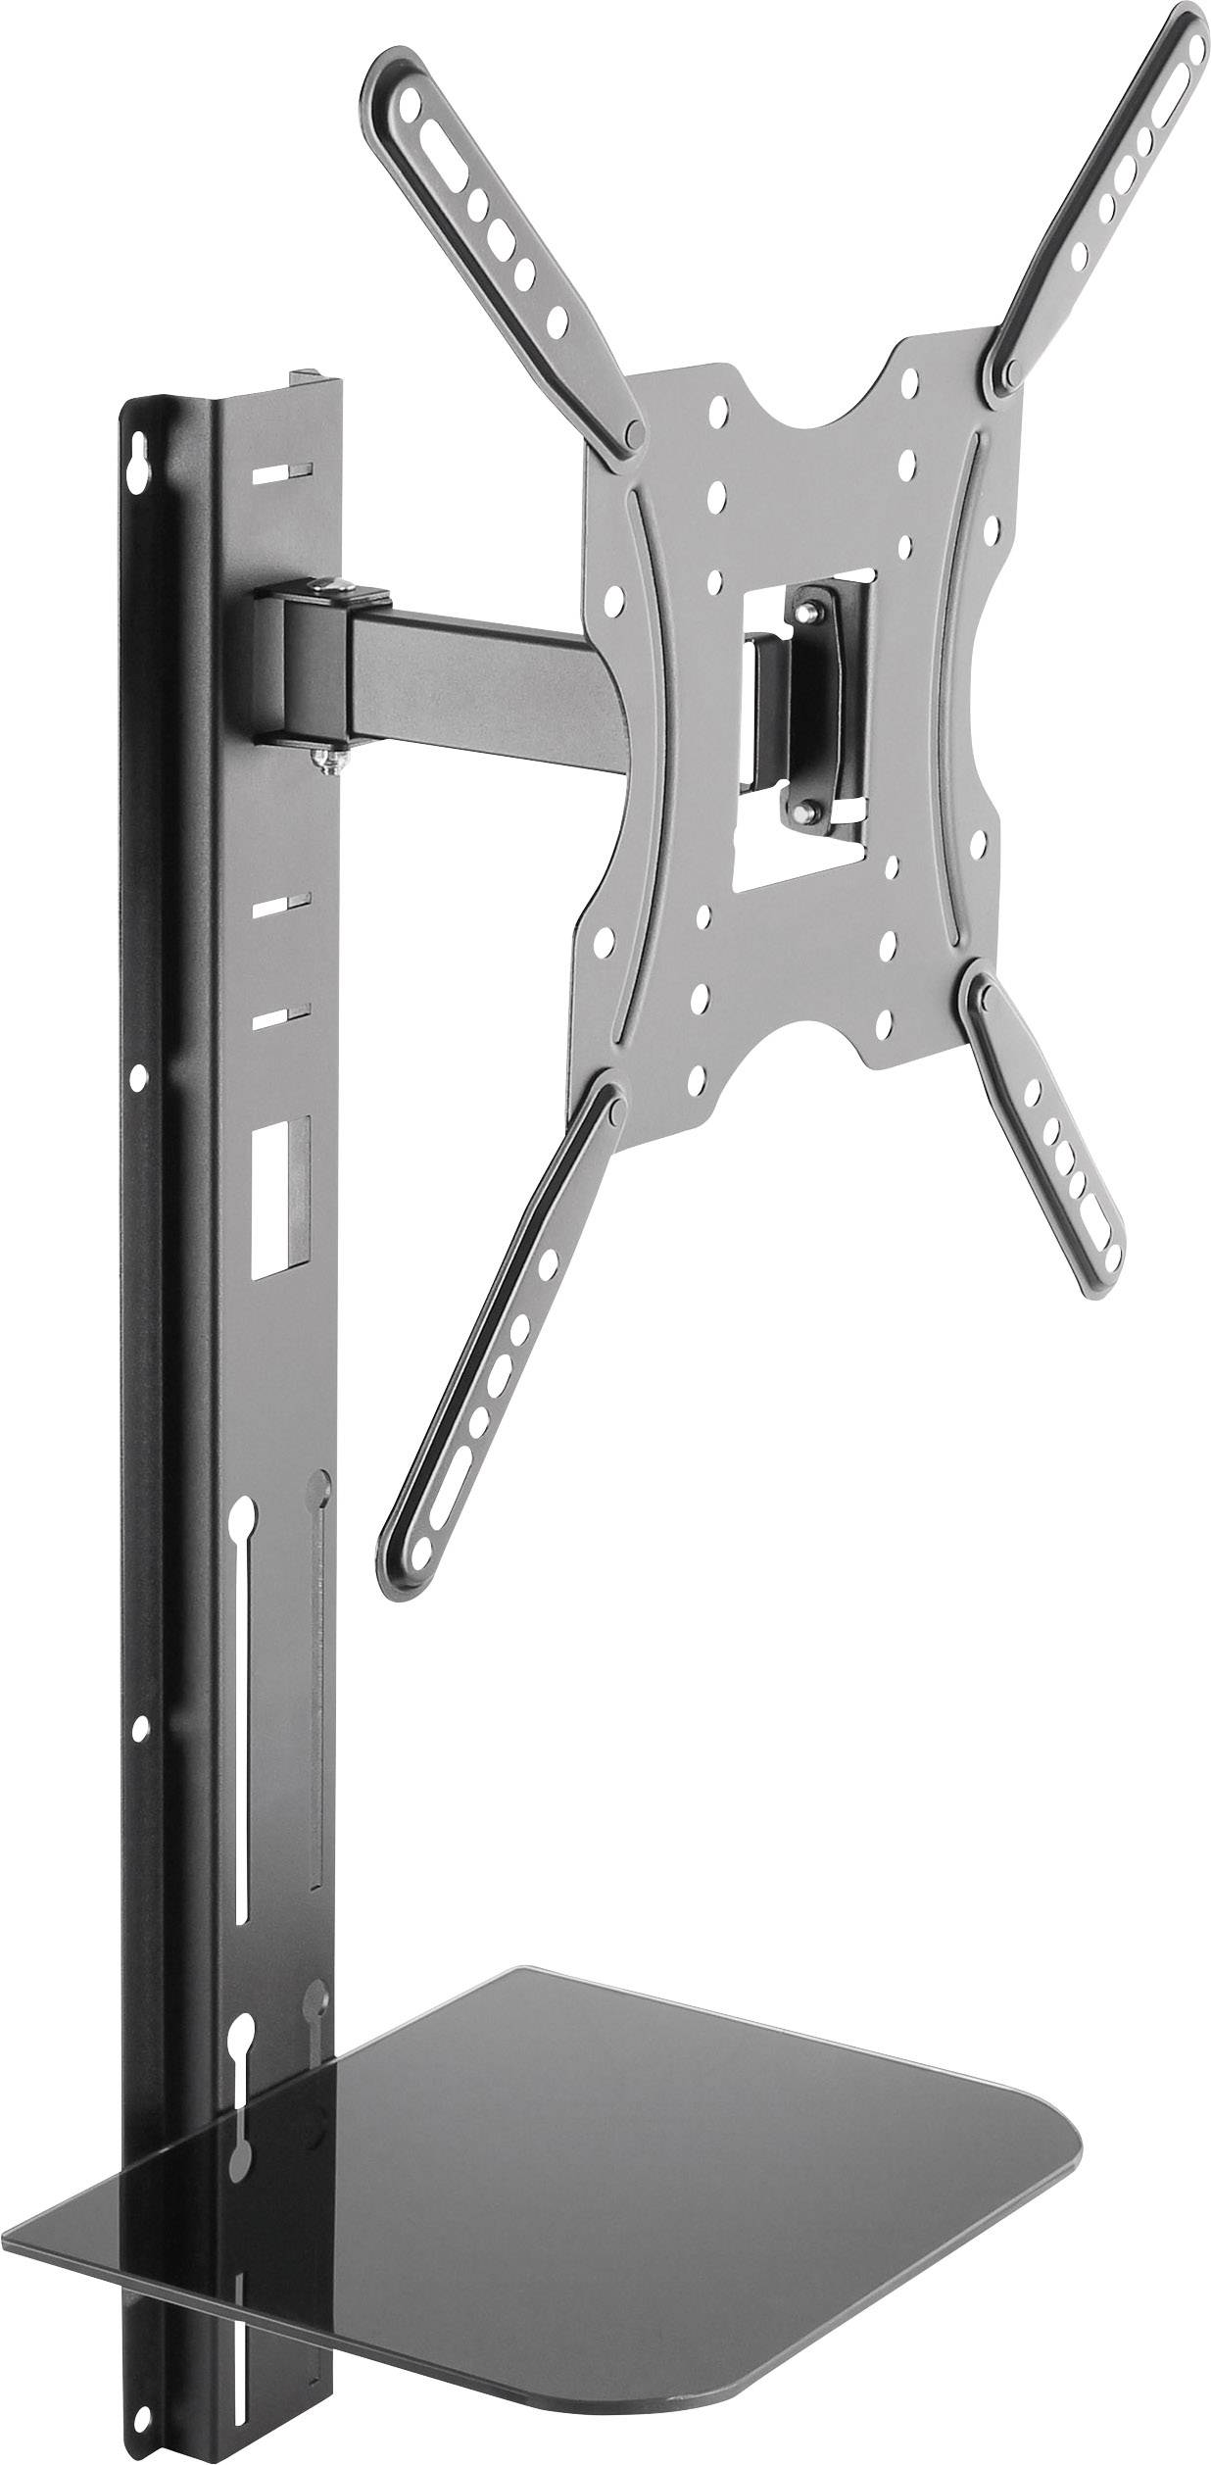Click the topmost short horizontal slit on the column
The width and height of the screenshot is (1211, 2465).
click(279, 472)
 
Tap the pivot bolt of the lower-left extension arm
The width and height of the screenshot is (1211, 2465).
click(609, 1108)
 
